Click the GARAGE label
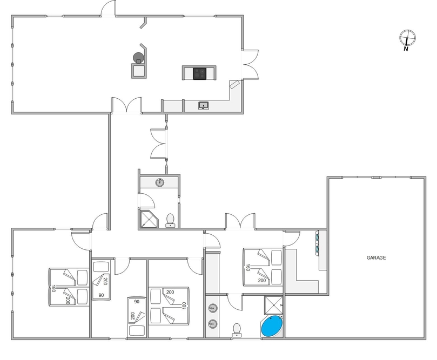pyautogui.click(x=376, y=258)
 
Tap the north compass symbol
pyautogui.click(x=407, y=40)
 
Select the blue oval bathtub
pyautogui.click(x=272, y=326)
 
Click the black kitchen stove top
pyautogui.click(x=199, y=73)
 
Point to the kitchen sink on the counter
pyautogui.click(x=204, y=106)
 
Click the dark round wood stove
pyautogui.click(x=138, y=58)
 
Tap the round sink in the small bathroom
pyautogui.click(x=160, y=182)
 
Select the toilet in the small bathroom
pyautogui.click(x=170, y=220)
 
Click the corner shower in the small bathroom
pyautogui.click(x=148, y=219)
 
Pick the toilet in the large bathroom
pyautogui.click(x=237, y=330)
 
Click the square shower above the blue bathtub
pyautogui.click(x=274, y=305)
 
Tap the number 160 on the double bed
pyautogui.click(x=247, y=268)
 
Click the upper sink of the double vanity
pyautogui.click(x=213, y=308)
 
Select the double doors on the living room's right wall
pyautogui.click(x=250, y=65)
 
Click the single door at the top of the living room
pyautogui.click(x=108, y=8)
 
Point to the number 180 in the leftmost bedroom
pyautogui.click(x=53, y=288)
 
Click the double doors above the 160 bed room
pyautogui.click(x=240, y=221)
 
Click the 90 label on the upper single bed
pyautogui.click(x=101, y=295)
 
